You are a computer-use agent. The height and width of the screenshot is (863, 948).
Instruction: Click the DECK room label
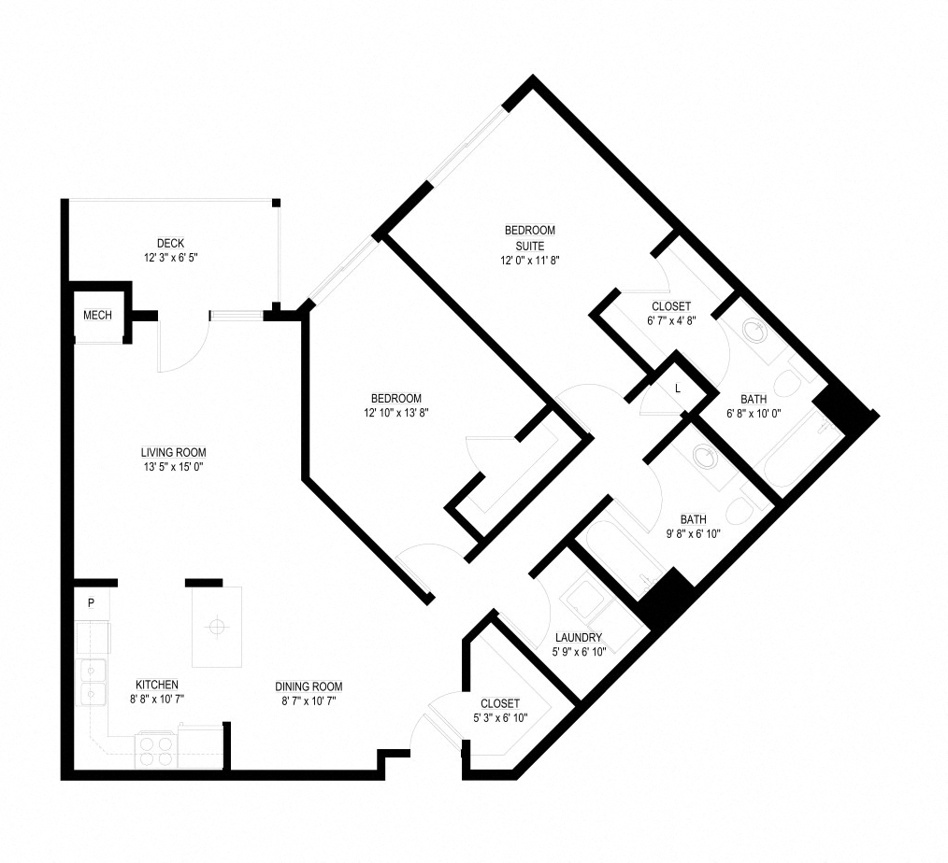click(x=170, y=244)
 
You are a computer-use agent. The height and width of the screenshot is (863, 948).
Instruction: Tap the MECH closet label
click(x=97, y=316)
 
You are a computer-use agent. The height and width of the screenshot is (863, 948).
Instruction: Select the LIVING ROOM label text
click(x=174, y=452)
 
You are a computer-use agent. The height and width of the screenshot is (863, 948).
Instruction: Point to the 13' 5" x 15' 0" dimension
click(x=174, y=467)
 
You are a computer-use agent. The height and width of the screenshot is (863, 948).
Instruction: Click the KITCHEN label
click(x=156, y=685)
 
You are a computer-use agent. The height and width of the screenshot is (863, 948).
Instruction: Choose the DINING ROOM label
click(x=309, y=686)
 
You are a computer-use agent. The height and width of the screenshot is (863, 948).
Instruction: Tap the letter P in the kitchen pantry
click(x=91, y=602)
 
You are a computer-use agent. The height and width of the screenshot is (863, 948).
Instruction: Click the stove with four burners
click(x=156, y=750)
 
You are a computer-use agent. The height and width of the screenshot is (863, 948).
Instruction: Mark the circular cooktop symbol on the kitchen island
click(x=215, y=627)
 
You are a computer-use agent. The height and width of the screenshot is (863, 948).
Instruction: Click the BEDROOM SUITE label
click(x=530, y=238)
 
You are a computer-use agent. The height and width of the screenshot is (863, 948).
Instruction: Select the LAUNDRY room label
click(x=579, y=638)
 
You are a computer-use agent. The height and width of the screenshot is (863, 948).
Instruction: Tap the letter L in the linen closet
click(x=678, y=389)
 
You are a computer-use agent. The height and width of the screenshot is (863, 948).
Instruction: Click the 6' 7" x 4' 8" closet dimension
click(x=671, y=321)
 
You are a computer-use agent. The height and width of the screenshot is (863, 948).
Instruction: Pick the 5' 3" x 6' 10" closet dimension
click(x=500, y=718)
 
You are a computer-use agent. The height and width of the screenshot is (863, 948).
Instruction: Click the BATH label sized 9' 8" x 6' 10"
click(x=694, y=519)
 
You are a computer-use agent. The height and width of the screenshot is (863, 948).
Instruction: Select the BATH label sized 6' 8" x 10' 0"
click(x=754, y=399)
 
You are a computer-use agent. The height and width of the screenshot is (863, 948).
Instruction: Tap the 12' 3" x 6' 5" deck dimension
click(x=171, y=258)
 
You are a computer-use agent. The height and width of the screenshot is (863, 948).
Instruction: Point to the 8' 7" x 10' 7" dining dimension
click(x=309, y=701)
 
